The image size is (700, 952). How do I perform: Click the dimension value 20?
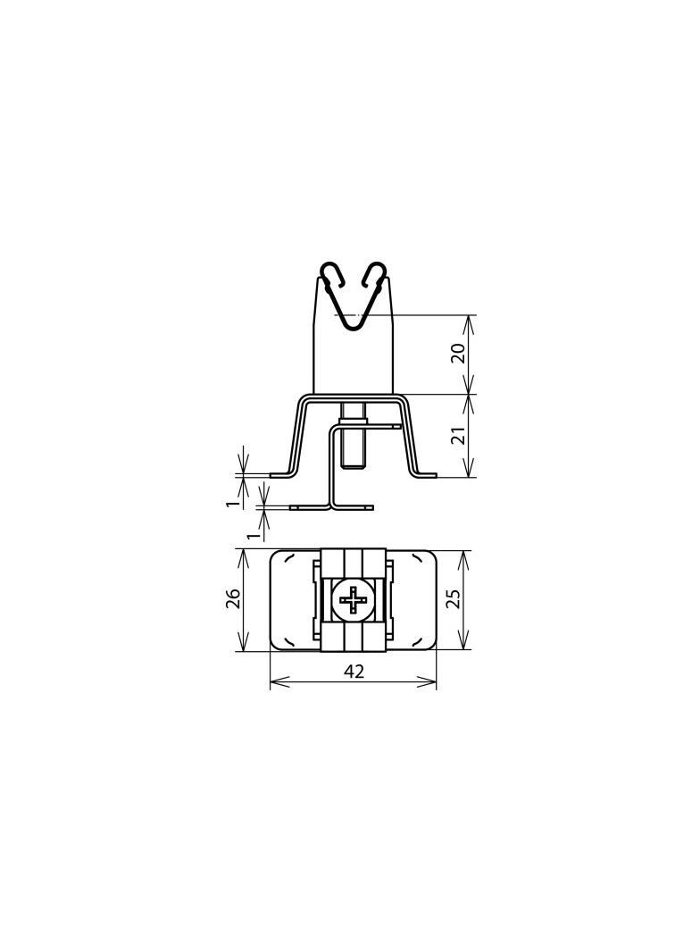458,353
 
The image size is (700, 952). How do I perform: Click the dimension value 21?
458,436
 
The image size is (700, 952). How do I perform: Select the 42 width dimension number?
354,672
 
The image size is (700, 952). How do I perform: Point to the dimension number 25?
454,598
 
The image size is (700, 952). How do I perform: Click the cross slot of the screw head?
354,600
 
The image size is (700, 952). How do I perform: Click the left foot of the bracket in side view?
282,475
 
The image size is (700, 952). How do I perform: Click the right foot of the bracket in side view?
424,475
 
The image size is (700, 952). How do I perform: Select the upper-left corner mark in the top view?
291,558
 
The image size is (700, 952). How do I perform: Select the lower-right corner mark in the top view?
416,641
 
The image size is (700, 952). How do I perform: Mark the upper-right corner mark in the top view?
416,558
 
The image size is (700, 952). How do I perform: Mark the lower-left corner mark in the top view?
291,641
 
